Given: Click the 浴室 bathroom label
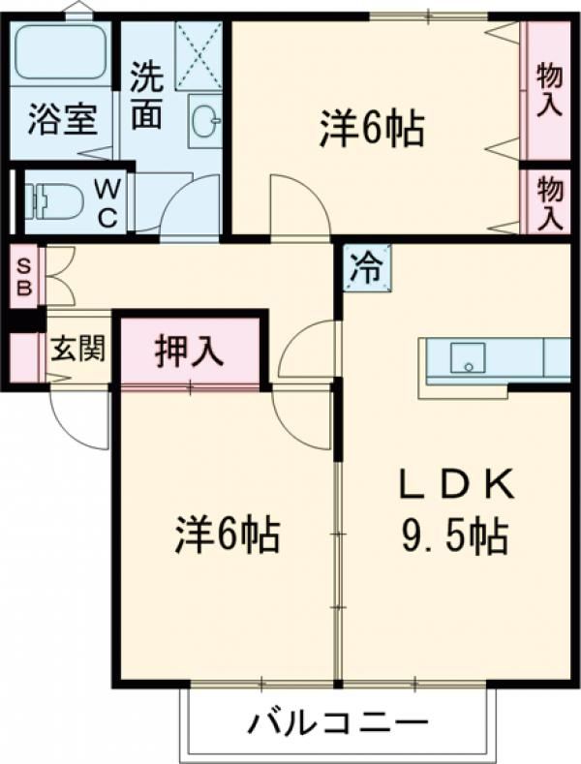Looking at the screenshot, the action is click(62, 119).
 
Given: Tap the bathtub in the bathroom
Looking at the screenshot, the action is click(61, 50).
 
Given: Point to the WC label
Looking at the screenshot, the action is click(107, 203).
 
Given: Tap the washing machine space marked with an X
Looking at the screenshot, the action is click(199, 55).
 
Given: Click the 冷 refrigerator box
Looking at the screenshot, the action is click(367, 268).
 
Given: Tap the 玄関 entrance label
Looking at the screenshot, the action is click(78, 349).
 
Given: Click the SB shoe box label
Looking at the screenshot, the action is click(23, 278).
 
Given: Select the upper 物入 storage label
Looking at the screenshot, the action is click(549, 91).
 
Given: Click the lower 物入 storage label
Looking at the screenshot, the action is click(551, 203).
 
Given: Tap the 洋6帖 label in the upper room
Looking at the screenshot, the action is click(372, 129).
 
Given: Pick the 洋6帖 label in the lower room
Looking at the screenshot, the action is click(228, 534).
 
